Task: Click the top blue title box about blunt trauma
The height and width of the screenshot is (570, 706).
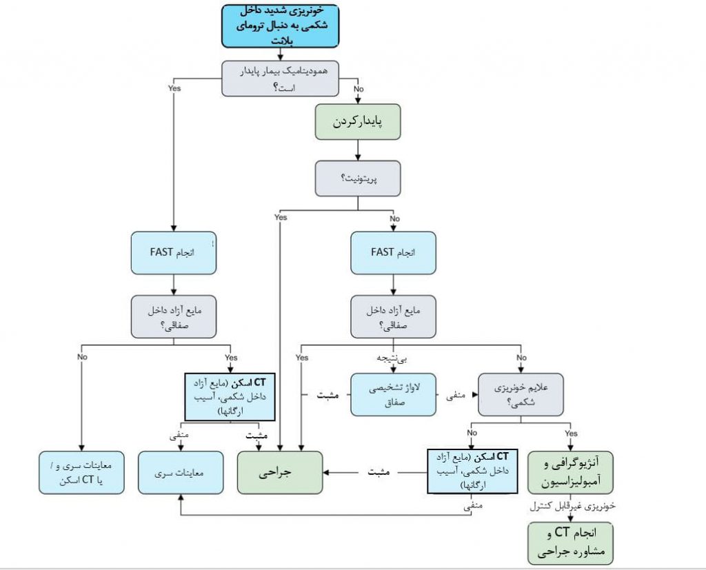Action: tap(280, 26)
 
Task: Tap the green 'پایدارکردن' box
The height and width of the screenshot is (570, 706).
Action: tap(359, 123)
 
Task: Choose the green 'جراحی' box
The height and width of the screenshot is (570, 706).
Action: tap(280, 473)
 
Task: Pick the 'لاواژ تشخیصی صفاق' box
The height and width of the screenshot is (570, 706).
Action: tap(393, 394)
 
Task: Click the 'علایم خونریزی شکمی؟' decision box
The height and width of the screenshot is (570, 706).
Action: tap(521, 394)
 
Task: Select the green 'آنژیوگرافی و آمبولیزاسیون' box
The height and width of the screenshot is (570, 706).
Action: tap(570, 473)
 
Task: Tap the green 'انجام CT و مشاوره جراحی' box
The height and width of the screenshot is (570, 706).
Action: tap(570, 542)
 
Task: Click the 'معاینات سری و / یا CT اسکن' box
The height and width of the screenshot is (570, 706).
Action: tap(81, 473)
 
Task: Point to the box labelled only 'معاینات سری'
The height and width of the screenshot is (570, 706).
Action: tap(181, 473)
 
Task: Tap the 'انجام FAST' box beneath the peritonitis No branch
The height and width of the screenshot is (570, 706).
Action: tap(393, 252)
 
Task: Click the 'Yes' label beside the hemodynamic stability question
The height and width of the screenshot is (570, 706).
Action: tap(174, 88)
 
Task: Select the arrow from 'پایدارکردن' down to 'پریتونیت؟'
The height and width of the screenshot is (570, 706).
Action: tap(359, 150)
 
